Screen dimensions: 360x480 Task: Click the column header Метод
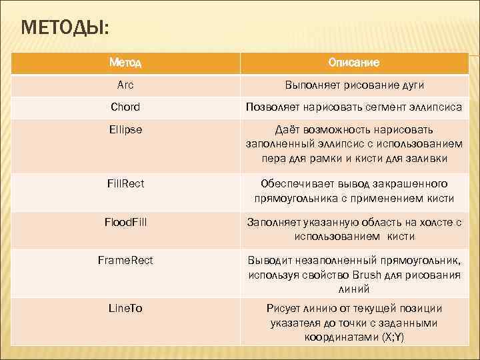pos(125,63)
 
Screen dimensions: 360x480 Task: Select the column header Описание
pos(354,63)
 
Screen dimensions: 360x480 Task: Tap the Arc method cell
pos(125,85)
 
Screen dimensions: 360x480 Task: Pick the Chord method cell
pos(125,107)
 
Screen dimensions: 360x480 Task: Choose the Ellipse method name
pos(125,129)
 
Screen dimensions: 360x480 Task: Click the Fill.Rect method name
pos(125,183)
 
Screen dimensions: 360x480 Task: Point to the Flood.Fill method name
pos(125,222)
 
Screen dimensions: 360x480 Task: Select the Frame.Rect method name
pos(125,260)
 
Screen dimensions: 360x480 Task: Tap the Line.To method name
pos(125,308)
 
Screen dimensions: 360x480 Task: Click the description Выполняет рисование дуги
pos(354,85)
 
